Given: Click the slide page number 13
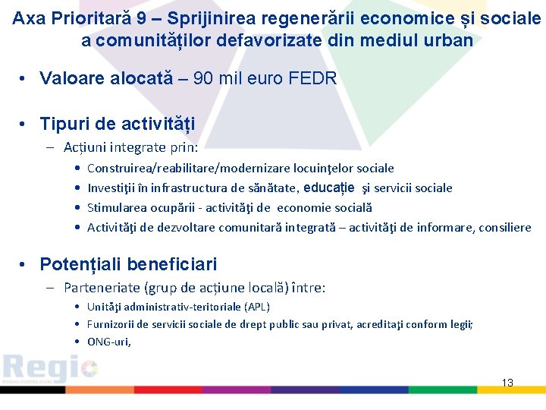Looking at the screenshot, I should [x=507, y=383].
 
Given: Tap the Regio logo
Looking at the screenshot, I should [x=50, y=369].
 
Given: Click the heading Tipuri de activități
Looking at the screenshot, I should [x=117, y=124].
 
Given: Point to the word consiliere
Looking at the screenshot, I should [x=504, y=227].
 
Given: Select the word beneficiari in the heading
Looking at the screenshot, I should [x=172, y=264].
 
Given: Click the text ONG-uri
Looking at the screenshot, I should [x=109, y=342].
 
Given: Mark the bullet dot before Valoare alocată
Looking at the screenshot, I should [x=25, y=79].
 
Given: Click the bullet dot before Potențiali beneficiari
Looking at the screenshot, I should [x=25, y=265].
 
